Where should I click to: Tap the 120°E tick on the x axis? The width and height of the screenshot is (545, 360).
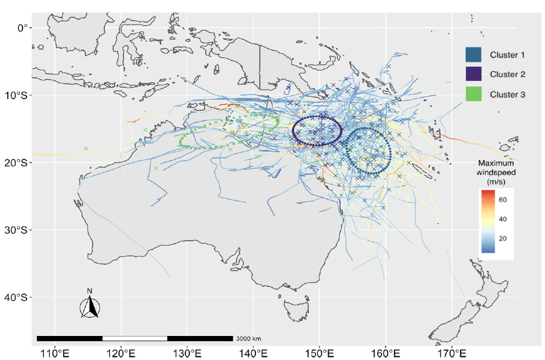[x=121, y=353]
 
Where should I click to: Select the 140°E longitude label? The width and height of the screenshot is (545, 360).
[x=253, y=353]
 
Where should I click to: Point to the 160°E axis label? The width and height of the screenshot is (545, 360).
[x=386, y=353]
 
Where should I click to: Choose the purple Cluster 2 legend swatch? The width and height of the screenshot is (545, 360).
[x=473, y=74]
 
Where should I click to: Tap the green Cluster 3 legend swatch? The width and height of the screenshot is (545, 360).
[x=473, y=94]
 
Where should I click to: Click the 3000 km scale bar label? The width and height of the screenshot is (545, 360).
[x=248, y=338]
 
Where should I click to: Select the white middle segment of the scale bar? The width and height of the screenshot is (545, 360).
[x=135, y=338]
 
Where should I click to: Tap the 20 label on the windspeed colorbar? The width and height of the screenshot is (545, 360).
[x=503, y=239]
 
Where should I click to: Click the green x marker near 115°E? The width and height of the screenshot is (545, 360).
[x=86, y=149]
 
